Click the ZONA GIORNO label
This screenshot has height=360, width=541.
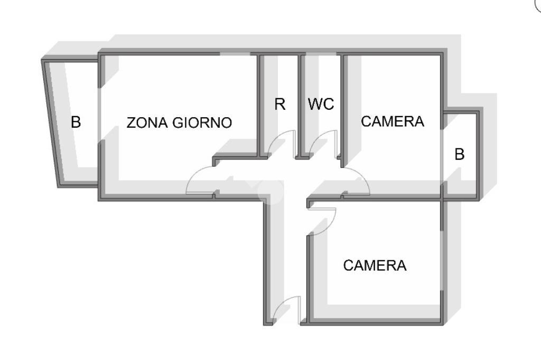pyautogui.click(x=179, y=122)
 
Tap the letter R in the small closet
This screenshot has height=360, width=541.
pyautogui.click(x=279, y=105)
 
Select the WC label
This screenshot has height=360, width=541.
pyautogui.click(x=321, y=105)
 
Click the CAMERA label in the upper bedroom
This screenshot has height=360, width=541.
pyautogui.click(x=392, y=121)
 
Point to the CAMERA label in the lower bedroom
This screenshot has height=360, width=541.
pyautogui.click(x=375, y=266)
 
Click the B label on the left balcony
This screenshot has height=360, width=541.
pyautogui.click(x=76, y=122)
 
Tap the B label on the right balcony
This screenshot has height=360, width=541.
pyautogui.click(x=460, y=155)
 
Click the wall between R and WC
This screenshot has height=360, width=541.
pyautogui.click(x=299, y=106)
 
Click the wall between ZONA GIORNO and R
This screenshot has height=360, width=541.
pyautogui.click(x=260, y=106)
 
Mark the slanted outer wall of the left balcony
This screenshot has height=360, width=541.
pyautogui.click(x=51, y=121)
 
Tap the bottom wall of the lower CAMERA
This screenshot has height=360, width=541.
pyautogui.click(x=375, y=321)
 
